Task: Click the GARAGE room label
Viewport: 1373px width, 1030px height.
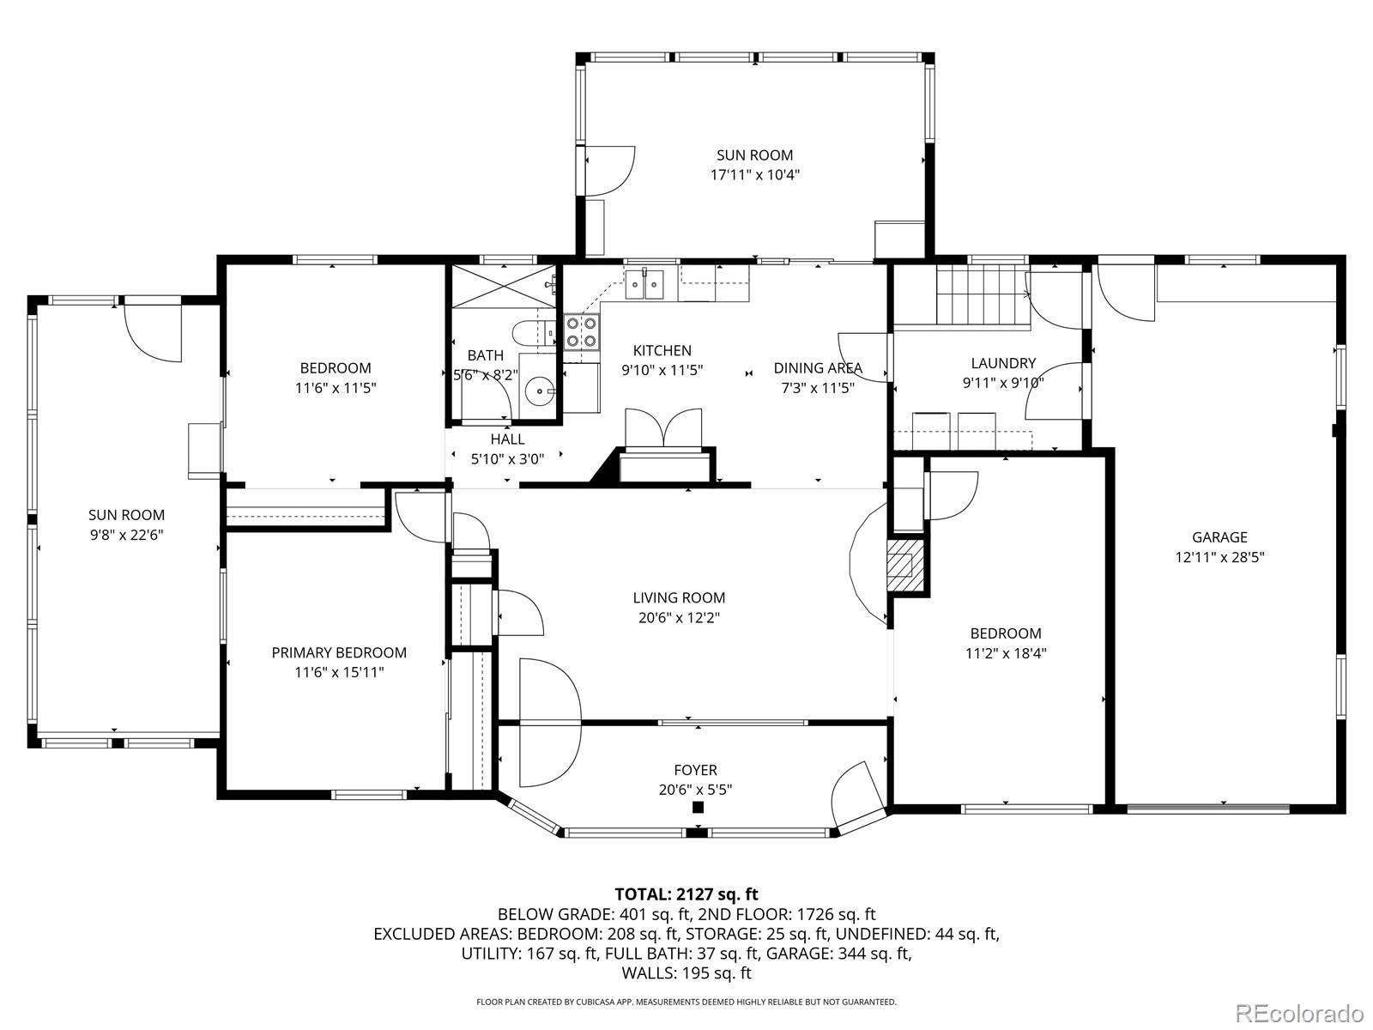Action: tap(1219, 536)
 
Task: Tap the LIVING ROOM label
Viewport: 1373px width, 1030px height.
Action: tap(679, 597)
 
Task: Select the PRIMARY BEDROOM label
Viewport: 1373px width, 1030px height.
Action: tap(339, 652)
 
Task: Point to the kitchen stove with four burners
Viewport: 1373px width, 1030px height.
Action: tap(582, 331)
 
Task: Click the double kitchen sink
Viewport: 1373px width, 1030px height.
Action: tap(645, 285)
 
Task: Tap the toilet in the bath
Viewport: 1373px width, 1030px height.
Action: tap(533, 333)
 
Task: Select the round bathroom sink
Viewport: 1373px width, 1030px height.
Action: tap(539, 391)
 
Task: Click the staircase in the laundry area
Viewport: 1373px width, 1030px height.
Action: tap(983, 294)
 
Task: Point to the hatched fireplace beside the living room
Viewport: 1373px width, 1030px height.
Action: tap(904, 565)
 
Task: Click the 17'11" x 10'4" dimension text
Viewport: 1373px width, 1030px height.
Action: tap(754, 174)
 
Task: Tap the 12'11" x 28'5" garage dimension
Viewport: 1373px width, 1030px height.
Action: tap(1219, 556)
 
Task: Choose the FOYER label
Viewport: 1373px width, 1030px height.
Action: tap(695, 770)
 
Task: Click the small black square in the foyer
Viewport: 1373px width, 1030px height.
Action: tap(698, 808)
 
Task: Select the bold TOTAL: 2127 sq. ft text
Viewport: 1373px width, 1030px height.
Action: tap(686, 894)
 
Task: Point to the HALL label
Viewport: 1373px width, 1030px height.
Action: tap(507, 439)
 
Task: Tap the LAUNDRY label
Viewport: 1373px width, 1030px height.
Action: tap(1003, 363)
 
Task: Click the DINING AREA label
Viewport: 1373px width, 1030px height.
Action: tap(818, 367)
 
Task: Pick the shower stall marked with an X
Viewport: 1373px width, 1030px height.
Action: tap(504, 287)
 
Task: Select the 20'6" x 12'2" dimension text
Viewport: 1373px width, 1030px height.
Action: tap(679, 618)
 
